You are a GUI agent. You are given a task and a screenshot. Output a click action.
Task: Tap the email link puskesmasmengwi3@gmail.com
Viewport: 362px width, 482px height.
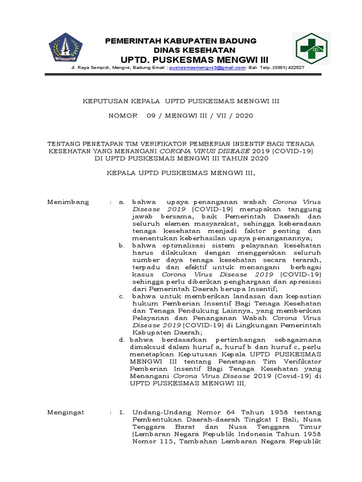(x=207, y=68)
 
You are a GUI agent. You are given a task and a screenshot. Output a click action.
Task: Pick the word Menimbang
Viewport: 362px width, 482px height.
(x=68, y=202)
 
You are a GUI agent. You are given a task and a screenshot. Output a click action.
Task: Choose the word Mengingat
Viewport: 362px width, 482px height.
(x=66, y=412)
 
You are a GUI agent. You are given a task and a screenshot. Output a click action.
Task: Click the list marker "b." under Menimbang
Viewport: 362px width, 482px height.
(x=121, y=246)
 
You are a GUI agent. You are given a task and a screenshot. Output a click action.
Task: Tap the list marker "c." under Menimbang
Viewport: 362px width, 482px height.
(x=121, y=297)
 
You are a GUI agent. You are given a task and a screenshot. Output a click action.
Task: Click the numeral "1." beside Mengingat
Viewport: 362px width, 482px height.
(x=122, y=412)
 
